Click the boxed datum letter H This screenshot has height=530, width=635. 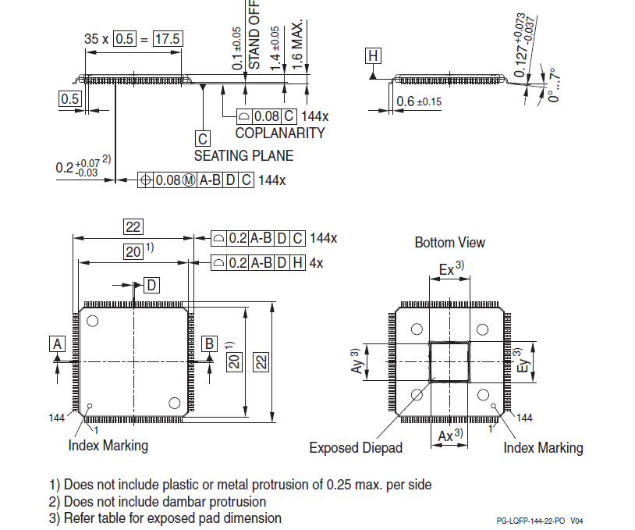tap(373, 55)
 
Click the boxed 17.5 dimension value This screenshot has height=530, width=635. tap(167, 38)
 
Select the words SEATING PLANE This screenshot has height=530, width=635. tap(243, 155)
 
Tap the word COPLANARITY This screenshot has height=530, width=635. tap(279, 133)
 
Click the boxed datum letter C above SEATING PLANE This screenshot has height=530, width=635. tap(203, 139)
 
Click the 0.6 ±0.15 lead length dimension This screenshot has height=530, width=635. tap(419, 101)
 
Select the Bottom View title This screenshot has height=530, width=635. tap(449, 243)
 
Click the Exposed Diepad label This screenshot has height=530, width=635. tap(356, 447)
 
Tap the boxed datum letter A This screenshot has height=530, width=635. tap(56, 343)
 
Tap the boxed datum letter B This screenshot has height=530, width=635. tap(209, 343)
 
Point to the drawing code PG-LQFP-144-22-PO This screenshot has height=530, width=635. tap(531, 520)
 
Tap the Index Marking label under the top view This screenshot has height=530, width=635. tap(108, 446)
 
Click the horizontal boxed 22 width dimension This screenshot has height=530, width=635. tap(133, 226)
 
